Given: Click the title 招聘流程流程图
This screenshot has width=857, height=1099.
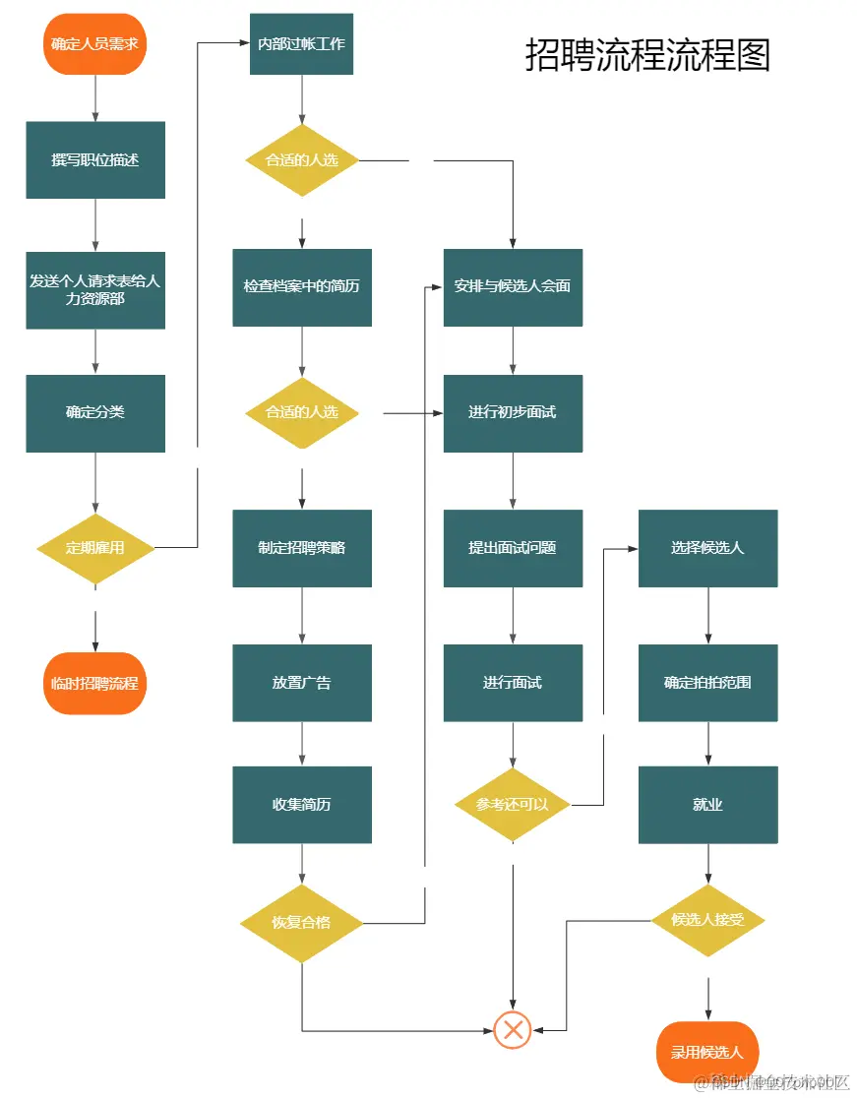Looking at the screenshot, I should [x=647, y=55].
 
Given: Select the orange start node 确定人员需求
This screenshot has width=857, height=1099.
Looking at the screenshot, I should [x=95, y=43].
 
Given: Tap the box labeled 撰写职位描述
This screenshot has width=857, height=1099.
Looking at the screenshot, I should [x=95, y=159].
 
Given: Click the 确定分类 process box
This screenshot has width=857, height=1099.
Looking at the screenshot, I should [x=95, y=412].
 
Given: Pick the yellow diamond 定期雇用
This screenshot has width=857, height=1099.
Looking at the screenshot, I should [x=95, y=548].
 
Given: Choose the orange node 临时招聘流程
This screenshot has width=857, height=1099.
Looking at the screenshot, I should [x=95, y=683].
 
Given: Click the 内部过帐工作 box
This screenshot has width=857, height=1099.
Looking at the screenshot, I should [x=301, y=43].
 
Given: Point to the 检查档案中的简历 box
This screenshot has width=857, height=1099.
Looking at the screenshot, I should [x=301, y=286].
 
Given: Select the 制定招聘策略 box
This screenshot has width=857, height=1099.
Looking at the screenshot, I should [x=301, y=548].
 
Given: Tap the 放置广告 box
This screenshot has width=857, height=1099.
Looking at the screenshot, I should [x=301, y=683].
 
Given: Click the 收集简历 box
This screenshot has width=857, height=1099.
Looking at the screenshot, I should [x=301, y=804].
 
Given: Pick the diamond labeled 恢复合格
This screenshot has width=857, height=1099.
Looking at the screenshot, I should [x=301, y=923].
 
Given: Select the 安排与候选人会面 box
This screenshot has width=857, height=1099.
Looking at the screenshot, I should [x=513, y=286].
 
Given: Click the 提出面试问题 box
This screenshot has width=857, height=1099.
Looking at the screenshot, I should [x=513, y=548].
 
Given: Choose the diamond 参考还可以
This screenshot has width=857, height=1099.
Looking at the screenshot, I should [x=513, y=804].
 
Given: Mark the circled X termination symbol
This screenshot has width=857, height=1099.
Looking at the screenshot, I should [x=513, y=1030].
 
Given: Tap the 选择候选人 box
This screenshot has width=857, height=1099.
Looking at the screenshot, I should [x=707, y=548].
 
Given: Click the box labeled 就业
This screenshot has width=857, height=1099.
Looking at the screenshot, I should [x=707, y=804].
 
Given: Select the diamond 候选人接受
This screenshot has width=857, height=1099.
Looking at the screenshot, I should [x=707, y=920].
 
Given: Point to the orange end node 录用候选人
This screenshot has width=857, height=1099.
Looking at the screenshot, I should [x=707, y=1052].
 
